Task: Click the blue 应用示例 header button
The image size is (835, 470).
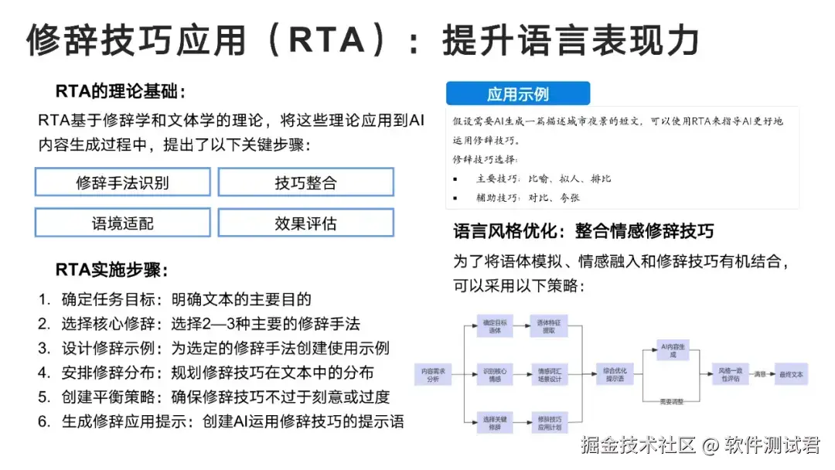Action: click(518, 94)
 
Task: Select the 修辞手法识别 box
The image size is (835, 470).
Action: click(122, 182)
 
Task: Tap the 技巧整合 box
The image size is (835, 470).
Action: click(305, 182)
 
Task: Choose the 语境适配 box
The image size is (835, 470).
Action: click(122, 223)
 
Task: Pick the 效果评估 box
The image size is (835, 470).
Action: click(305, 223)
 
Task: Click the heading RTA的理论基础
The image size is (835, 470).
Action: click(121, 92)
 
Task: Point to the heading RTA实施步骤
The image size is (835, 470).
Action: click(111, 270)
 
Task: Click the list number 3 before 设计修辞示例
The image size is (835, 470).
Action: click(44, 348)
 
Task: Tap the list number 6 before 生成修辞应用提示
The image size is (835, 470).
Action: click(44, 421)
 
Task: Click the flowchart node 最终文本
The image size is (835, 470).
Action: click(790, 375)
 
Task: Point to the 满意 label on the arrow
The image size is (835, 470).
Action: click(760, 374)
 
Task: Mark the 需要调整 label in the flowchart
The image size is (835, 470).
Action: click(670, 402)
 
